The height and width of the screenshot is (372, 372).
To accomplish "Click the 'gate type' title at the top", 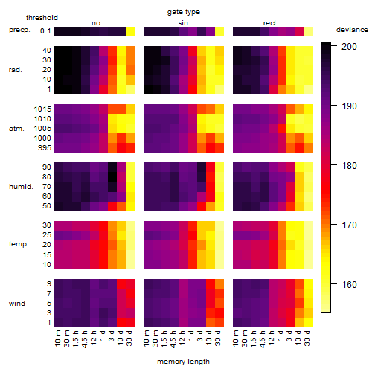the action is [x=184, y=12].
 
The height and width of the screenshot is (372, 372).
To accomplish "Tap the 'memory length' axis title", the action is [x=183, y=362].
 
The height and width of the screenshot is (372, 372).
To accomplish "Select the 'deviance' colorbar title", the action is [x=352, y=30].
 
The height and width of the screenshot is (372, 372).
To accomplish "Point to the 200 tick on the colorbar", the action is [x=334, y=46].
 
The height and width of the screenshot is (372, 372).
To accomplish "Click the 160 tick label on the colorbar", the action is [x=349, y=284].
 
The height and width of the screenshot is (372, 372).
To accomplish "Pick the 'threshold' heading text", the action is [x=42, y=18].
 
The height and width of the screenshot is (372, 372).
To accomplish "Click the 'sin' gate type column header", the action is [x=183, y=23].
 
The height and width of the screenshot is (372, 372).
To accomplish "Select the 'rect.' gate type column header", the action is [x=270, y=23].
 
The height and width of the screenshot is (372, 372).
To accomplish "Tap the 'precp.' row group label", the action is [x=19, y=30].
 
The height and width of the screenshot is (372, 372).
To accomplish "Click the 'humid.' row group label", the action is [x=21, y=187].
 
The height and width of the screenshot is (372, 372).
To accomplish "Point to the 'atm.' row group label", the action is [x=16, y=129].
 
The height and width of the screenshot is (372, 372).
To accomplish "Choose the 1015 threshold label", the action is [x=42, y=109].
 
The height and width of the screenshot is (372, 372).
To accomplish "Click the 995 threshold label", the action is [x=45, y=148].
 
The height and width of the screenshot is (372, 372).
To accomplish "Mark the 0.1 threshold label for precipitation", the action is [x=45, y=31].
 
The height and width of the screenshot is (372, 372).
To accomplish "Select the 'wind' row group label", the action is [x=17, y=304].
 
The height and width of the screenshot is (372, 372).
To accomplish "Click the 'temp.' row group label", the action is [x=19, y=244].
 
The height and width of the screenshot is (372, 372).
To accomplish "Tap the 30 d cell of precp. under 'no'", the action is [x=130, y=32].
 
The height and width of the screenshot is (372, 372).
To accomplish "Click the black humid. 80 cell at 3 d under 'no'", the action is [x=112, y=177].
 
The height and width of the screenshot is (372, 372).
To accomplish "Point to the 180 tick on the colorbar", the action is [x=334, y=165].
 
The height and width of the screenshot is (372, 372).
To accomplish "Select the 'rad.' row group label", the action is [x=16, y=70].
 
